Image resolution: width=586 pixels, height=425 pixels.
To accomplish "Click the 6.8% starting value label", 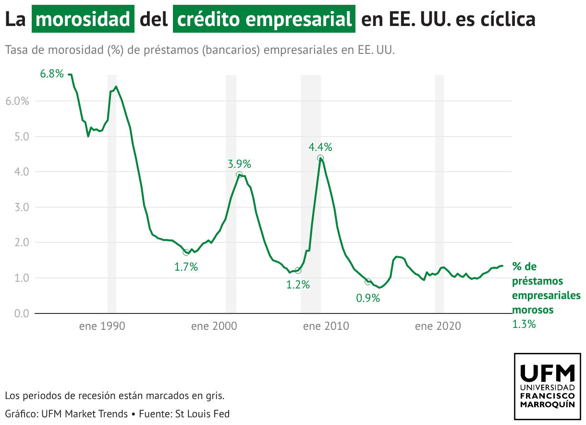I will (52, 74).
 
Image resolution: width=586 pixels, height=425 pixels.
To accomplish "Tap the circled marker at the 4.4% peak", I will (320, 158).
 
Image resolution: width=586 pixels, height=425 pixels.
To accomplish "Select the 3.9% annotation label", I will (239, 164).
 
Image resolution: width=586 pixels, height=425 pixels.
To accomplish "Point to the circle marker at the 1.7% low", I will (186, 252).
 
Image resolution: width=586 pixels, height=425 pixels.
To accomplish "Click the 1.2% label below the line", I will (298, 285).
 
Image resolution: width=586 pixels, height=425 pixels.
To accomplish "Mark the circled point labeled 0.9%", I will (368, 282).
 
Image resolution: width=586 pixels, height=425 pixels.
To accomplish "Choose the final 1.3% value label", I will (524, 324).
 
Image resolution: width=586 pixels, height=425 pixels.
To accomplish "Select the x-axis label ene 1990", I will (102, 326).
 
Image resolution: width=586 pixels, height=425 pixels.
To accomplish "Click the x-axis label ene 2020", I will (438, 326).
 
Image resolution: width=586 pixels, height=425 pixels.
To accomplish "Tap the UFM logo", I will (547, 386).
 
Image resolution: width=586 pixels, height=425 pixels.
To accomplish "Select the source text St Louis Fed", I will (203, 413).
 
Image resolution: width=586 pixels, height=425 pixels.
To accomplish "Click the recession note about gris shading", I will (115, 396).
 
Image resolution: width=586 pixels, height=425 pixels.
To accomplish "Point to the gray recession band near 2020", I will (439, 192).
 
